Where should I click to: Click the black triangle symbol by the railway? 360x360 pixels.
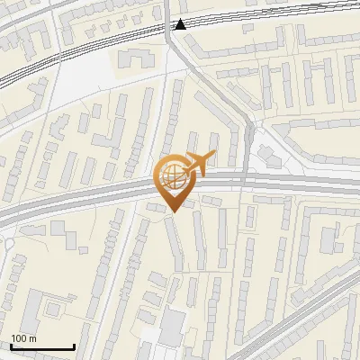tap(181, 24)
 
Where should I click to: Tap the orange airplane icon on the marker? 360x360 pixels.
tap(198, 163)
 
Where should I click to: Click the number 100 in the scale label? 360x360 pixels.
tap(20, 338)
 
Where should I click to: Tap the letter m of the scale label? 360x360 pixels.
tap(33, 338)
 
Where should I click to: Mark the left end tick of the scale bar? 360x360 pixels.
tap(11, 346)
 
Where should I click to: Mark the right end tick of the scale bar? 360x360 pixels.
tap(74, 346)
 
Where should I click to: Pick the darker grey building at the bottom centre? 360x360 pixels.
tap(171, 325)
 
